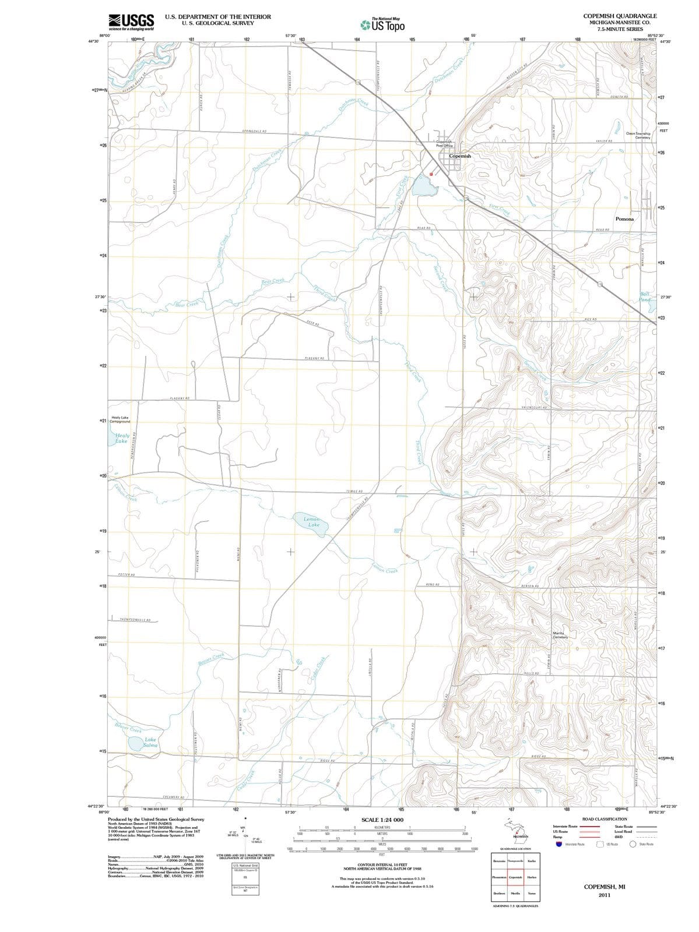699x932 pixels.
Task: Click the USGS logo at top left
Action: tap(131, 22)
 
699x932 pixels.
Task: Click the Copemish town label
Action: tap(459, 156)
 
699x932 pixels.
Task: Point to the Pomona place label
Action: tap(624, 219)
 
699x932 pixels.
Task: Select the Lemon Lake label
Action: tap(312, 522)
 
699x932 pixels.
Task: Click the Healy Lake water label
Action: tap(122, 438)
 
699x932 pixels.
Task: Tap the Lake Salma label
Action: tap(150, 742)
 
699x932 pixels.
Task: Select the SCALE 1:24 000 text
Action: tap(382, 820)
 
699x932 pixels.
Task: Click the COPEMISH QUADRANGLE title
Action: tap(620, 16)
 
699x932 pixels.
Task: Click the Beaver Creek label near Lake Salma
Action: tap(128, 728)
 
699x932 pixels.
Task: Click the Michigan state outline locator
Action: tap(518, 832)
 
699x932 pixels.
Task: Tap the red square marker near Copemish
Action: tap(431, 174)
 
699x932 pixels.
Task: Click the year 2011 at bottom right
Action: tap(604, 895)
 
